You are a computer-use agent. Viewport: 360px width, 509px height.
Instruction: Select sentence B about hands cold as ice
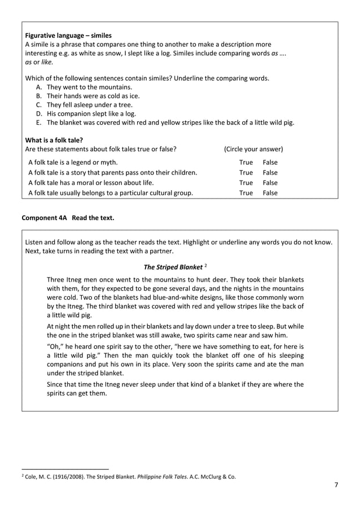pyautogui.click(x=93, y=96)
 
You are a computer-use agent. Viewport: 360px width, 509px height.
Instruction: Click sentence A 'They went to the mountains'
pyautogui.click(x=89, y=87)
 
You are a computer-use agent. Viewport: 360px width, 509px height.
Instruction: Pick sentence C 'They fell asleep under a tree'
pyautogui.click(x=90, y=105)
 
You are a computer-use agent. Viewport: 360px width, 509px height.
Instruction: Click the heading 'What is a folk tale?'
pyautogui.click(x=58, y=140)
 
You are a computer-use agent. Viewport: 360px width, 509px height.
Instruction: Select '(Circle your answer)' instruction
pyautogui.click(x=253, y=150)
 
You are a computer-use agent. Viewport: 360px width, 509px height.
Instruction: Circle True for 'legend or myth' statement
pyautogui.click(x=246, y=163)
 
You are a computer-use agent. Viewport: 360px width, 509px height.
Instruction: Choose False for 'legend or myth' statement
pyautogui.click(x=270, y=163)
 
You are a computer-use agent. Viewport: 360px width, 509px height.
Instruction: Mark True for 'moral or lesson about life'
pyautogui.click(x=246, y=183)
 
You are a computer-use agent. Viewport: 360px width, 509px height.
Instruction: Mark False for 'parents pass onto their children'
pyautogui.click(x=270, y=173)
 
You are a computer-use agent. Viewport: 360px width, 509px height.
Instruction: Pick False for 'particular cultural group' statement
pyautogui.click(x=270, y=193)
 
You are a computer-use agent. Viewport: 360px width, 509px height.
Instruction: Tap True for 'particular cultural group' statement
pyautogui.click(x=246, y=193)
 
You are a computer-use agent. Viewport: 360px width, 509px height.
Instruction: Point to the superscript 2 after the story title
pyautogui.click(x=206, y=265)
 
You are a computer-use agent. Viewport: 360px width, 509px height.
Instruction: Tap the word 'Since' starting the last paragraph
pyautogui.click(x=56, y=385)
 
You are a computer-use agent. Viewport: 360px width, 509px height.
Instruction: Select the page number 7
pyautogui.click(x=336, y=486)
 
